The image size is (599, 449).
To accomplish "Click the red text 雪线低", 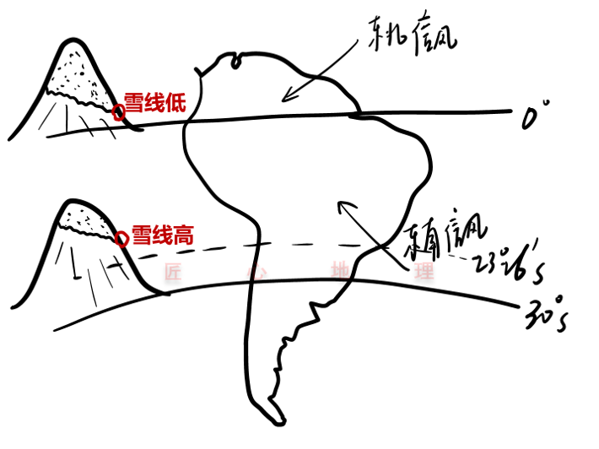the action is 154,103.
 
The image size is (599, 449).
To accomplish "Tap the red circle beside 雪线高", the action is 123,239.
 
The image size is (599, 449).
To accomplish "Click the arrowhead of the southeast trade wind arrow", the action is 340,204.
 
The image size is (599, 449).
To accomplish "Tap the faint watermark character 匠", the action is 172,273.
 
